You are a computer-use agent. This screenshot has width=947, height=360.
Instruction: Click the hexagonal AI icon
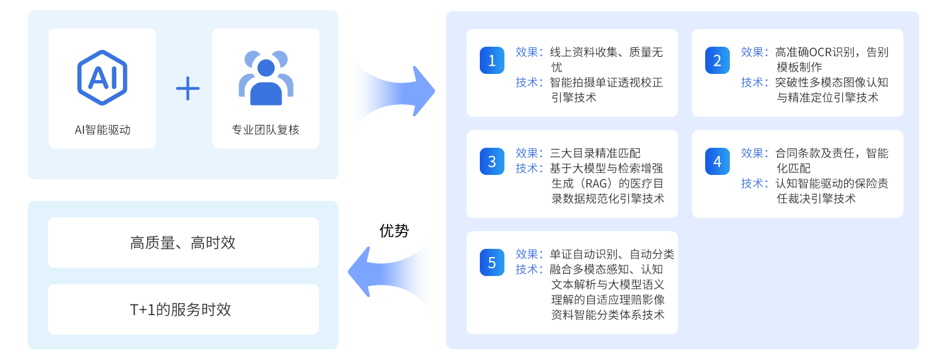point(102,77)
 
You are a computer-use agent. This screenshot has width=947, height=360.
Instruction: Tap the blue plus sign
point(188,88)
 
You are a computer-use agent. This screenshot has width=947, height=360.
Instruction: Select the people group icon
point(266,78)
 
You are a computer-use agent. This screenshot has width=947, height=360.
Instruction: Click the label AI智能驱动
point(102,130)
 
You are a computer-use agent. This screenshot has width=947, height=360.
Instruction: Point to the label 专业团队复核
point(265,130)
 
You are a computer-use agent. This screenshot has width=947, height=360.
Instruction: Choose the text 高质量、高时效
point(183,243)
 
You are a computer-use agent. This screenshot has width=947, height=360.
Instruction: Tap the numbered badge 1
point(492,61)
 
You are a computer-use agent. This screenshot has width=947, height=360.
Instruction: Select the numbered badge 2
point(717,61)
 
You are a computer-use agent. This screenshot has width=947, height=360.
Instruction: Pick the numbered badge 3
point(492,162)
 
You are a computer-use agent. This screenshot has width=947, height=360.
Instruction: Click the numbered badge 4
point(717,162)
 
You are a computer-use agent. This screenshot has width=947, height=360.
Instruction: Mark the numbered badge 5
point(492,263)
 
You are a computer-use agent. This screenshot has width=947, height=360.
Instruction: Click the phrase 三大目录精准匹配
point(595,153)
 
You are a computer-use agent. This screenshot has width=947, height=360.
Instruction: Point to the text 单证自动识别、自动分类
point(612,255)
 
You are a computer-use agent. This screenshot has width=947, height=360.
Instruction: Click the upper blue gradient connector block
point(392,95)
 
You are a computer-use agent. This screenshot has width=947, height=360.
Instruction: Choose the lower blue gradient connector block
point(391,275)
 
